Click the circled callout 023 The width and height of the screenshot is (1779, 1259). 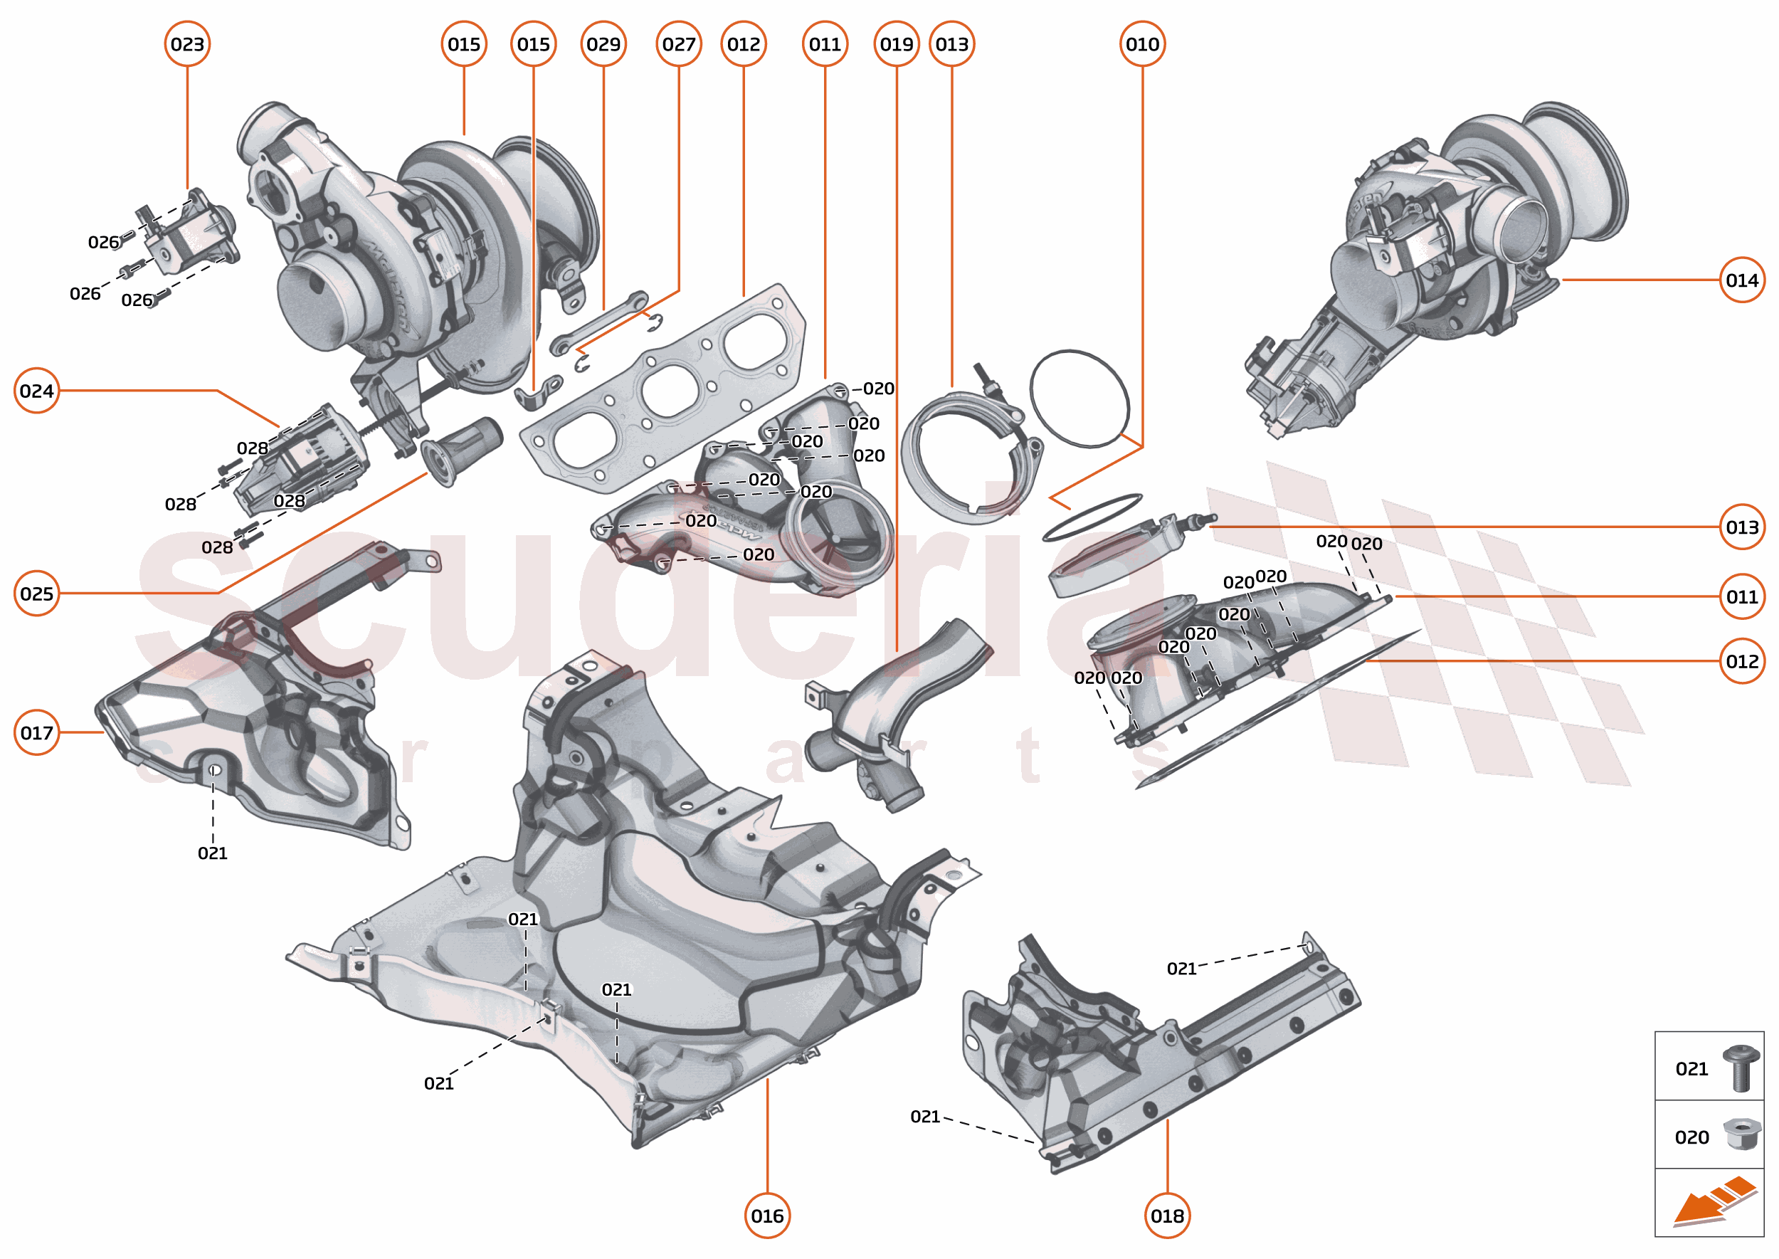point(187,44)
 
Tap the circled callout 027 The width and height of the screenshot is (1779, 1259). point(678,44)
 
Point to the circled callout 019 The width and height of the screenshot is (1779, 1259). point(896,44)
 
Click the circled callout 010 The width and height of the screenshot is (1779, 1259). point(1142,44)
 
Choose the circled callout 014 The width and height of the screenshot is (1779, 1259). point(1741,280)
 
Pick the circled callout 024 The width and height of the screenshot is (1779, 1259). point(36,390)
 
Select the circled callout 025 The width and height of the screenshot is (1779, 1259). point(36,593)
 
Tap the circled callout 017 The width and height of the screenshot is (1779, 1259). point(36,732)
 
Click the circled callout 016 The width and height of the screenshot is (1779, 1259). point(766,1215)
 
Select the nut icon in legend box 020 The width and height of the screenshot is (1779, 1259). point(1741,1134)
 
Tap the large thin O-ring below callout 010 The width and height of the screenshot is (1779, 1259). point(1079,399)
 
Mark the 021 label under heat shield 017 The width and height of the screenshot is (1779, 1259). point(211,853)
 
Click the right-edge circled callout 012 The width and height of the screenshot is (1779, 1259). point(1741,660)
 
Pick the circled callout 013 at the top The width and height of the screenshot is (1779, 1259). point(951,44)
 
